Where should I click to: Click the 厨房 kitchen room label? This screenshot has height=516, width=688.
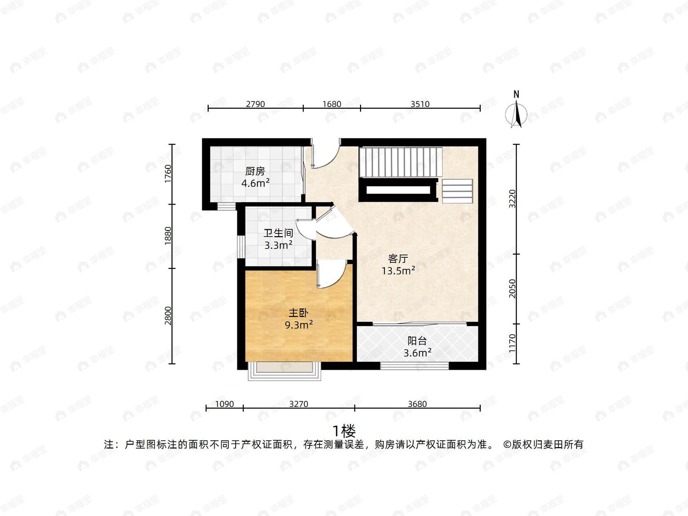(x=255, y=171)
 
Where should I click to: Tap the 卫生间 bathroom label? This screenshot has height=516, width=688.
(x=278, y=233)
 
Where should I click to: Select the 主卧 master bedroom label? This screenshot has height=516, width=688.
(x=299, y=313)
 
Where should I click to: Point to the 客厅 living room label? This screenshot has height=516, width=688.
(x=398, y=259)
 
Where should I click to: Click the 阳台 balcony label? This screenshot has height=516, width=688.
(x=417, y=340)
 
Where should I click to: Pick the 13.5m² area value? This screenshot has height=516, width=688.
(x=399, y=270)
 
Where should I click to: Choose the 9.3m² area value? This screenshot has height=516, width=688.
(x=299, y=325)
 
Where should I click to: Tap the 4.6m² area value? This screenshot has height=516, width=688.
(x=255, y=183)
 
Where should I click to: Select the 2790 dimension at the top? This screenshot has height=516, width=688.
(x=255, y=104)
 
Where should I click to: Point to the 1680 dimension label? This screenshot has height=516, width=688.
(x=332, y=104)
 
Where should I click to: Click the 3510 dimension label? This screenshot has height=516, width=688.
(x=420, y=104)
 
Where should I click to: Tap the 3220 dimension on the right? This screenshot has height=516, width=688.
(x=512, y=199)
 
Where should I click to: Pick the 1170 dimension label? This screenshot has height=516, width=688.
(x=512, y=343)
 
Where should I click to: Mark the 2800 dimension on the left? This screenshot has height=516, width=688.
(x=168, y=316)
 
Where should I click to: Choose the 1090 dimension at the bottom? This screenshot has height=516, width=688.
(x=224, y=404)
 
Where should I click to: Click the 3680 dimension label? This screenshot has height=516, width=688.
(x=417, y=404)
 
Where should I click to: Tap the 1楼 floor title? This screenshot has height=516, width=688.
(x=344, y=432)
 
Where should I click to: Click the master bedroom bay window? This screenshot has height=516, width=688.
(x=285, y=371)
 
